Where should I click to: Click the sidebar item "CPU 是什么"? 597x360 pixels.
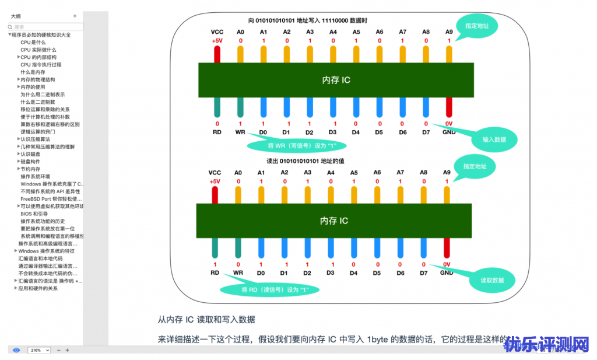coord(33,43)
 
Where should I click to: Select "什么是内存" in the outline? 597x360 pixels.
coord(33,72)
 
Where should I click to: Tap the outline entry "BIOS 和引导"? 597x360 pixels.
coord(35,214)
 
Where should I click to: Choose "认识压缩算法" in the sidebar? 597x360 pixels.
coord(35,139)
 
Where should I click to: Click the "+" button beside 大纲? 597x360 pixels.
coord(75,16)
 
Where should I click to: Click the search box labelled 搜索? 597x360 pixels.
coord(45,27)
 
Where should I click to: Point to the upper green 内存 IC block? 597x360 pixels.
coord(336,80)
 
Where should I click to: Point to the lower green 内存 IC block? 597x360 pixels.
coord(334,221)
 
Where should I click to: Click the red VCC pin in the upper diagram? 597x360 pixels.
coord(217,54)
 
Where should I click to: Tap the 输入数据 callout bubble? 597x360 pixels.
coord(494,139)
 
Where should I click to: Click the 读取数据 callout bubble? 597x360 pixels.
coord(492,280)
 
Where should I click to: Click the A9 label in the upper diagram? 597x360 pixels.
coord(449,32)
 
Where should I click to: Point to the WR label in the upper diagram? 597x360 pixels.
coord(240,132)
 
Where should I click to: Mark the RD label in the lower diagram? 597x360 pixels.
coord(215,272)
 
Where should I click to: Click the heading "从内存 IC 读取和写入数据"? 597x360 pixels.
coord(206,320)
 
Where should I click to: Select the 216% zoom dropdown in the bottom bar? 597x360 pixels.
coord(39,350)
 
